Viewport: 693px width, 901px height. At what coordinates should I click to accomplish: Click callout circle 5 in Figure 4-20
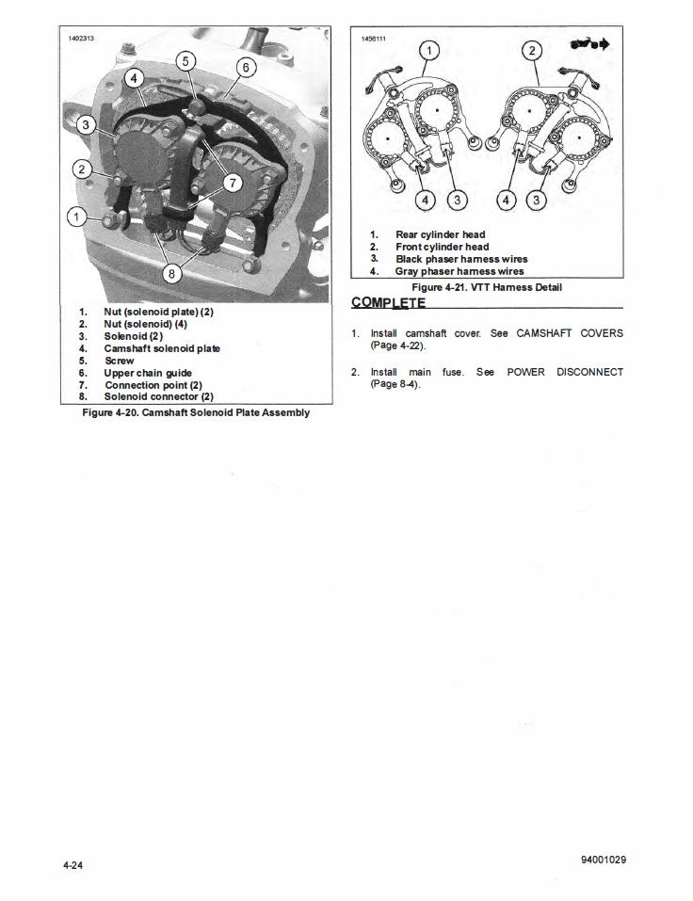[185, 61]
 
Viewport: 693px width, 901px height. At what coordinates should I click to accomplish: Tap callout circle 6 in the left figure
[245, 67]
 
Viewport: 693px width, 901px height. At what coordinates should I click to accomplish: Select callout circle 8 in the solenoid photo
[171, 273]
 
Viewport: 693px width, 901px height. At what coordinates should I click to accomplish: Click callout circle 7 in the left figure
[234, 182]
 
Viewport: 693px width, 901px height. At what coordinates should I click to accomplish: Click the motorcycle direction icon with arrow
[589, 44]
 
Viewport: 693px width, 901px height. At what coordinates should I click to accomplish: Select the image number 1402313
[82, 40]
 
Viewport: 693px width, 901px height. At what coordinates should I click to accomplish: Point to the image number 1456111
[374, 40]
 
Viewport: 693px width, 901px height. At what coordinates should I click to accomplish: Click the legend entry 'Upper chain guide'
[148, 373]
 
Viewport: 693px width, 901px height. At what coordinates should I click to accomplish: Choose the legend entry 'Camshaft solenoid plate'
[162, 348]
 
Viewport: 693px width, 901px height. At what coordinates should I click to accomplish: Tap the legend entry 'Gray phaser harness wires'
[459, 271]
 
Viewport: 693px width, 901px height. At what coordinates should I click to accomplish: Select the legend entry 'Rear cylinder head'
[440, 234]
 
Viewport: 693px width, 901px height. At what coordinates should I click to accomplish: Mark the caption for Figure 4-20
[196, 412]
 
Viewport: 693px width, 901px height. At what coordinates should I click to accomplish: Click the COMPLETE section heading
[388, 302]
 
